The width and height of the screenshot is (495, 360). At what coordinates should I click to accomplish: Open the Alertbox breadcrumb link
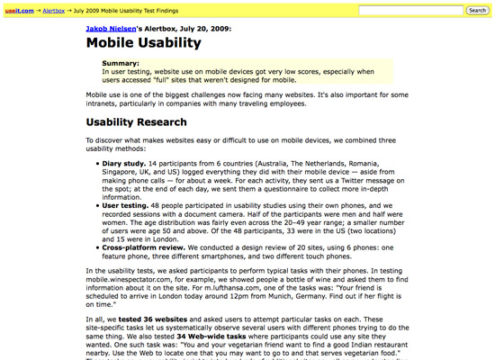click(x=52, y=10)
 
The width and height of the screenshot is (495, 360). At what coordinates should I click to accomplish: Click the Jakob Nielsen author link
click(x=118, y=28)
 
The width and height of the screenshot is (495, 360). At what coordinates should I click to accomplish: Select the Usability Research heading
click(x=137, y=122)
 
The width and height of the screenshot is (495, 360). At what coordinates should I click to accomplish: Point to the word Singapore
click(x=124, y=171)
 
